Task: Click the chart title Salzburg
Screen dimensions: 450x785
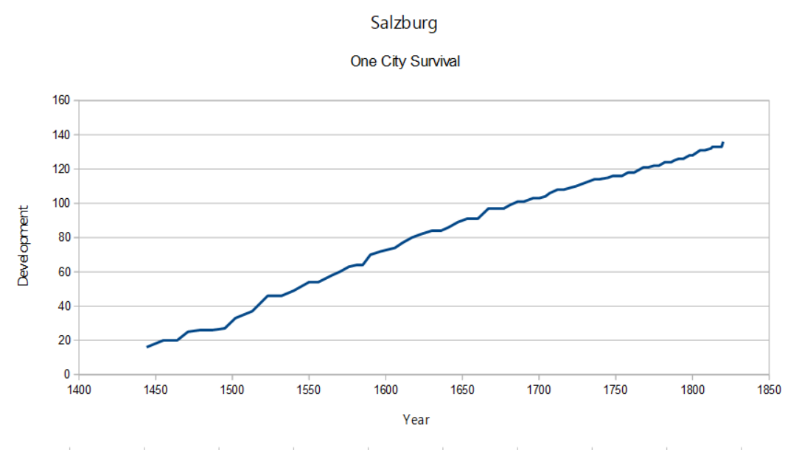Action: pos(403,23)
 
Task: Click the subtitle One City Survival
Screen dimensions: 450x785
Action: pos(405,62)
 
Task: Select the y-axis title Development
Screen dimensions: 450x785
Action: pos(24,246)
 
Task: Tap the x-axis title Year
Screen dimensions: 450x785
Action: pos(416,420)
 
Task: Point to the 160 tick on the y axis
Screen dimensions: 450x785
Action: pos(61,100)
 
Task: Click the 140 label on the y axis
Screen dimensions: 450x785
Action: pos(61,135)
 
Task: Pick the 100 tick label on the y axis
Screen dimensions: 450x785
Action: pos(61,203)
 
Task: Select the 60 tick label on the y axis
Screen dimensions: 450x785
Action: pos(63,272)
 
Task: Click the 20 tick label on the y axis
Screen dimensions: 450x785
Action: pos(63,340)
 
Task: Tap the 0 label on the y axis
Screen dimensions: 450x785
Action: pos(66,375)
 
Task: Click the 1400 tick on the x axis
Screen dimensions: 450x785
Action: pos(79,388)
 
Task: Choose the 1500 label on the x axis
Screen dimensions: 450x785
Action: pos(232,388)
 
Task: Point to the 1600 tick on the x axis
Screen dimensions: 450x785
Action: pos(385,388)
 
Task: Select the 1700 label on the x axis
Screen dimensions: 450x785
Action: pos(539,388)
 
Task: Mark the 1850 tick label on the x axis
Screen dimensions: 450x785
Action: pos(769,388)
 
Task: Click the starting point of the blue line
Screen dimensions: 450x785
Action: pos(147,347)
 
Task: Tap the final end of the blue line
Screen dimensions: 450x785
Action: pos(723,142)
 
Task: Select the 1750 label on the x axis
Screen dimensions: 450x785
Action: pos(615,388)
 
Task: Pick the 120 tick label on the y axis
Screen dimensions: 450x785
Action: pos(61,169)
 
